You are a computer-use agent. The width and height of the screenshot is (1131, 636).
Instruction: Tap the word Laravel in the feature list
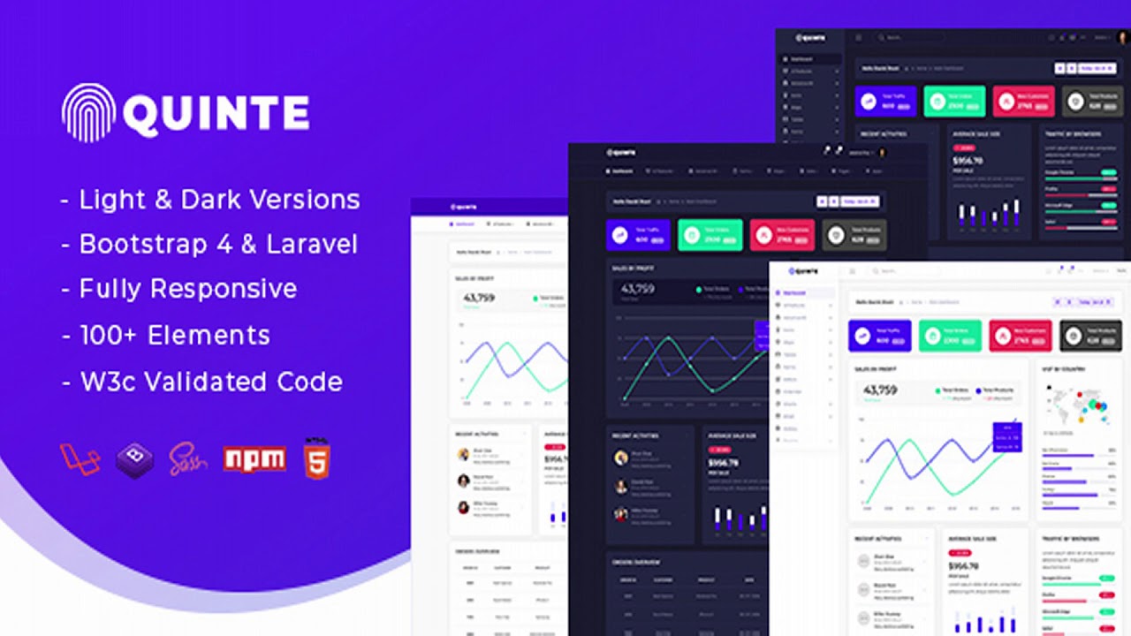click(x=311, y=244)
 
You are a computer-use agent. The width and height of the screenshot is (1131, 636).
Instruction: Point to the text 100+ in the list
click(x=109, y=335)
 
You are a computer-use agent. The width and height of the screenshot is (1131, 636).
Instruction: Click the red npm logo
click(x=254, y=458)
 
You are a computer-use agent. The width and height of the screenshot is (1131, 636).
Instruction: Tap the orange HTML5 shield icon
click(x=316, y=458)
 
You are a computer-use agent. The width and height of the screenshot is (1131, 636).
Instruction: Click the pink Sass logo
click(x=188, y=458)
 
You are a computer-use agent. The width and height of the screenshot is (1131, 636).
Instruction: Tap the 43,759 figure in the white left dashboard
click(x=479, y=298)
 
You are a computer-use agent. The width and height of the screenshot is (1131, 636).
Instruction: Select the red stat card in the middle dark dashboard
click(x=782, y=236)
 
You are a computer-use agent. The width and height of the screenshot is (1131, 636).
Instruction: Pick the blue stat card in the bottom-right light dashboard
click(x=879, y=337)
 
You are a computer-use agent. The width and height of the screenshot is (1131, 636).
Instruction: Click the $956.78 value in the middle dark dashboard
click(x=723, y=463)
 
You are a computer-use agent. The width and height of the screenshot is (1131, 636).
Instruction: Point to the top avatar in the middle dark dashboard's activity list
click(x=621, y=458)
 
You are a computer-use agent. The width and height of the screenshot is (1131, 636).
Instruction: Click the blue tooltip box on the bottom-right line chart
click(x=1007, y=436)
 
